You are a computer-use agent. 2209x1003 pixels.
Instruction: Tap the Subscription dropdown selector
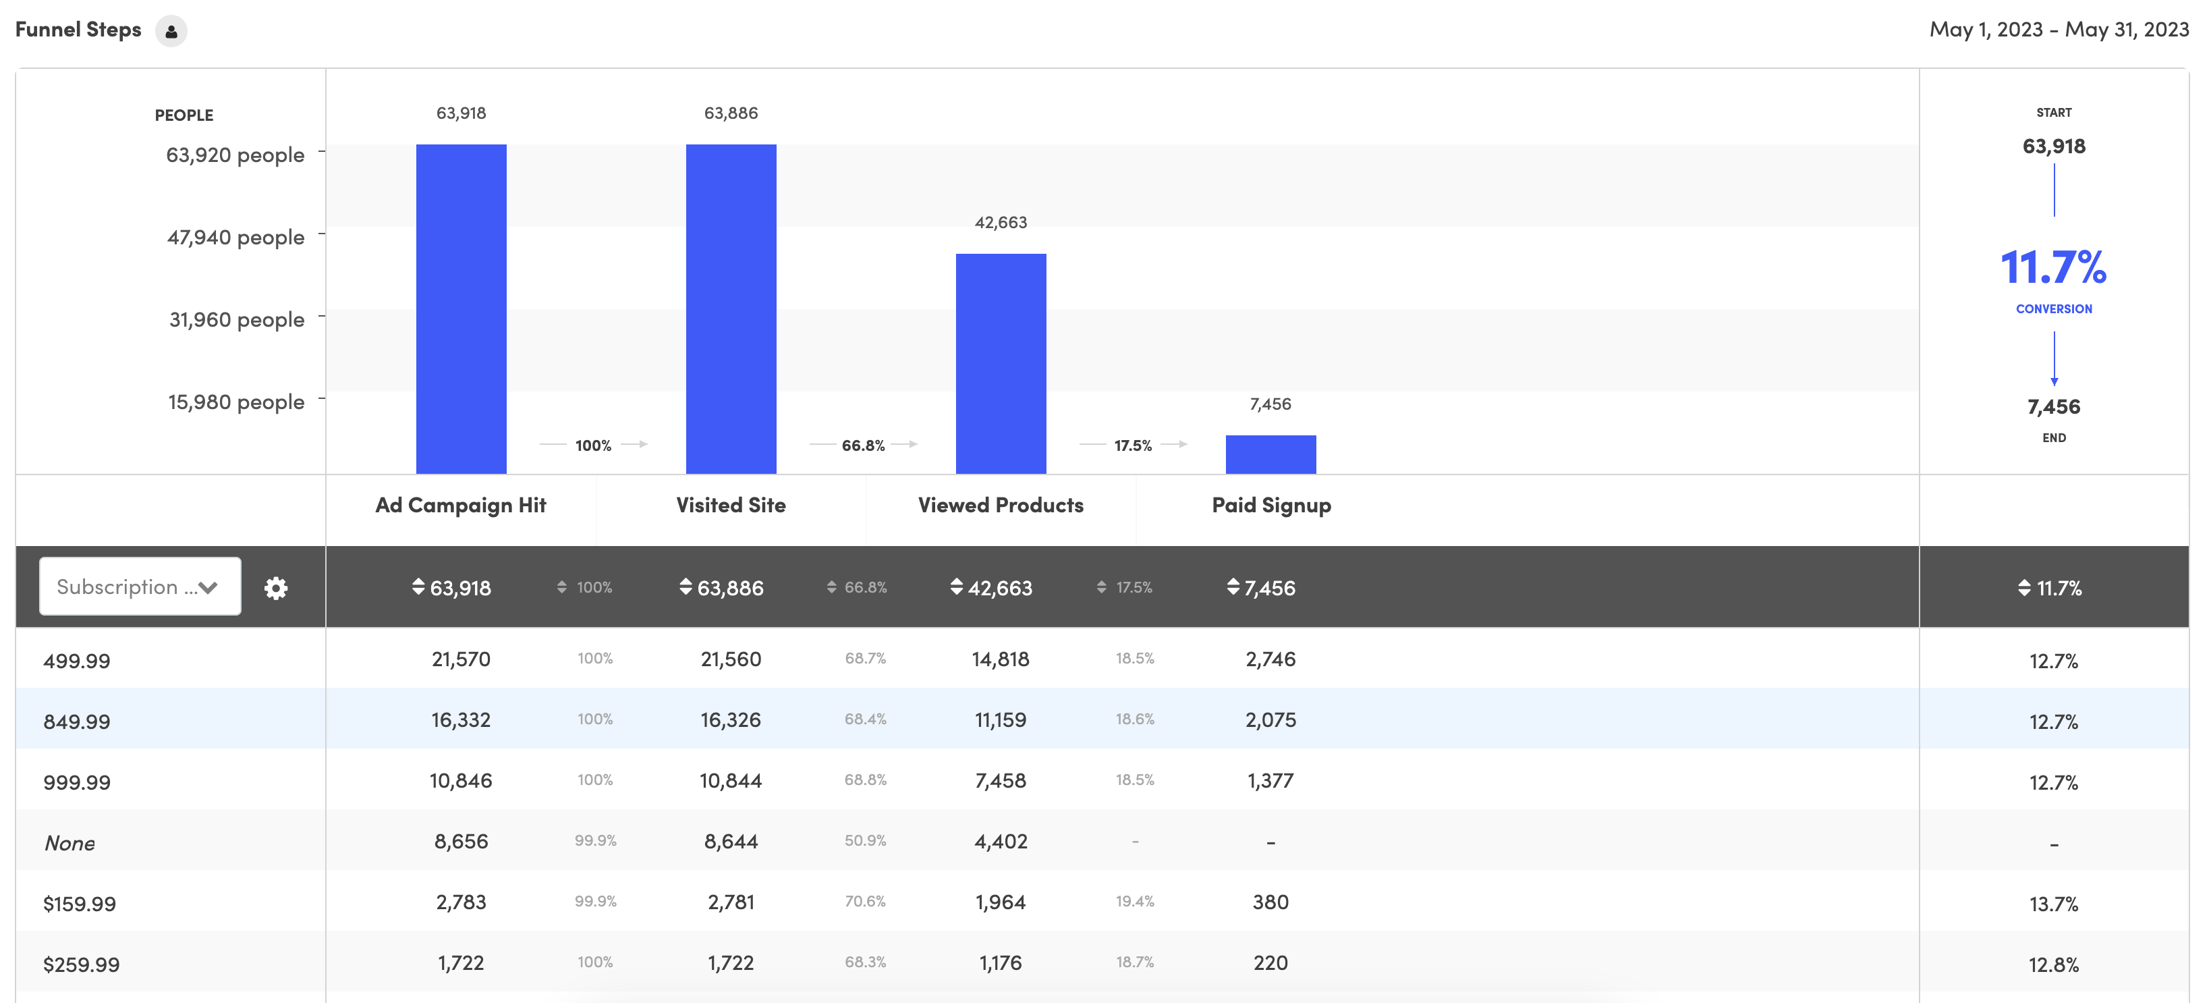pyautogui.click(x=140, y=587)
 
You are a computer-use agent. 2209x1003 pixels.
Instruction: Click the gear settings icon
pyautogui.click(x=275, y=588)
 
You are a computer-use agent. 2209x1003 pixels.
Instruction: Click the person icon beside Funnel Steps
pyautogui.click(x=171, y=31)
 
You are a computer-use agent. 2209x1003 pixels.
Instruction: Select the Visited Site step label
pyautogui.click(x=731, y=506)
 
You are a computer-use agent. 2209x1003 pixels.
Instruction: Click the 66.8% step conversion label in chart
pyautogui.click(x=863, y=445)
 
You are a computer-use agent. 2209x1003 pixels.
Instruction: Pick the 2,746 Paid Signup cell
pyautogui.click(x=1270, y=659)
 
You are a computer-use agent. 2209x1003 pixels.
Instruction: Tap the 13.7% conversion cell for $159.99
pyautogui.click(x=2053, y=904)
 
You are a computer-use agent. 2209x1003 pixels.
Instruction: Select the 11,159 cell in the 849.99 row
pyautogui.click(x=1000, y=720)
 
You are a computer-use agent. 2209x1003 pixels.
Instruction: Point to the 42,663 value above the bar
pyautogui.click(x=1000, y=222)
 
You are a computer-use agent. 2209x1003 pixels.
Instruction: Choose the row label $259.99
pyautogui.click(x=82, y=965)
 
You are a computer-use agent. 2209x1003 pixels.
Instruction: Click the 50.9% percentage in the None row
pyautogui.click(x=864, y=841)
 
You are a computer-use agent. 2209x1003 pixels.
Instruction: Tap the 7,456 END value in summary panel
pyautogui.click(x=2053, y=407)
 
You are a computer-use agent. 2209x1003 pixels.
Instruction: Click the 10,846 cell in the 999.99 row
pyautogui.click(x=461, y=781)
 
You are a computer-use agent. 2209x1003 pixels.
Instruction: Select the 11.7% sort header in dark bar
pyautogui.click(x=2050, y=588)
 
